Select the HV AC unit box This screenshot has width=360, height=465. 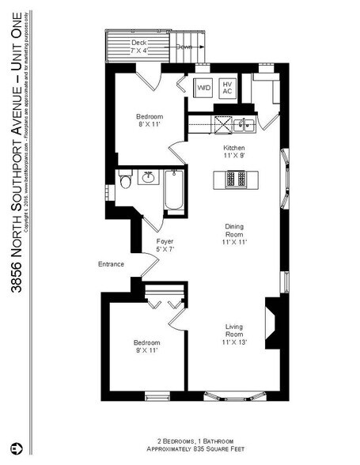point(227,88)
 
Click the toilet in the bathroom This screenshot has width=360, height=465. point(125,183)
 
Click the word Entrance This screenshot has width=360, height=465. point(111,264)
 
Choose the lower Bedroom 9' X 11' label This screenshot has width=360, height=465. point(146,347)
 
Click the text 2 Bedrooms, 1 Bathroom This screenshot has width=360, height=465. point(192,440)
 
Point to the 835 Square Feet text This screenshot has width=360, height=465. point(192,448)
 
